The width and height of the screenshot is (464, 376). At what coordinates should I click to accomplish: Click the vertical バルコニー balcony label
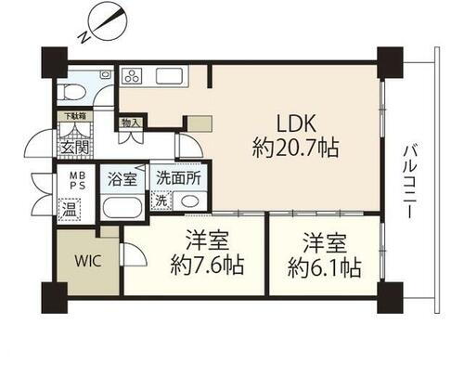408,182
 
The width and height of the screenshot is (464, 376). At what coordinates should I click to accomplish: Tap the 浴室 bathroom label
122,176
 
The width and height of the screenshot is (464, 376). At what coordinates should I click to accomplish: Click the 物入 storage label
131,123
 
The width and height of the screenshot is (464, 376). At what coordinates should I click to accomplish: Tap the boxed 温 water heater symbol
70,209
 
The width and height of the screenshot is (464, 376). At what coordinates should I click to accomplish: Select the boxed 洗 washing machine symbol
161,201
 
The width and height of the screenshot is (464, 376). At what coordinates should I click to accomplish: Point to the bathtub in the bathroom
122,206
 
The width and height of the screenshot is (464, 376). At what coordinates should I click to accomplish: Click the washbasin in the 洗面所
189,201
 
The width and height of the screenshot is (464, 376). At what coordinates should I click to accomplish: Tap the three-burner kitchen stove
130,76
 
